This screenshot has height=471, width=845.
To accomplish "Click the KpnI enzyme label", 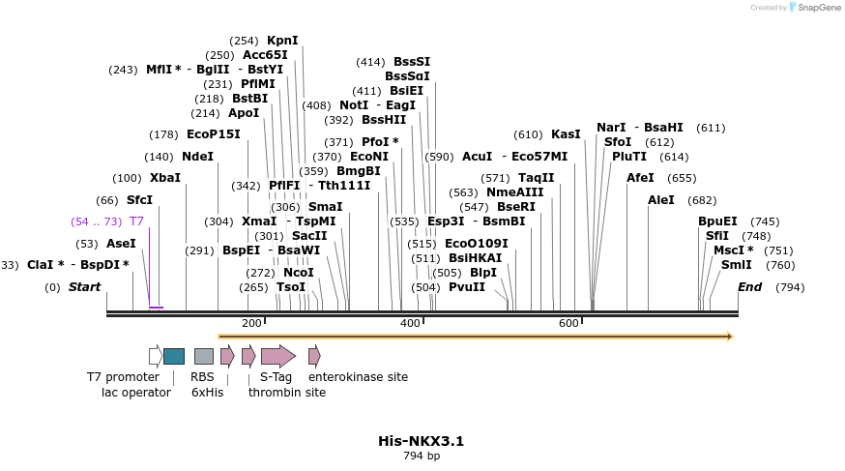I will tap(282, 41).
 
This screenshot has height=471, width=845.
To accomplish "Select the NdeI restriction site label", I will tap(197, 157).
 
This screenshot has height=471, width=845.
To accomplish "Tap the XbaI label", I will tap(165, 178).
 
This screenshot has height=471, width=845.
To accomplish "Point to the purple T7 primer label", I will tap(136, 221).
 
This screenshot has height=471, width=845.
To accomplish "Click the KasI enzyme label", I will tap(566, 134).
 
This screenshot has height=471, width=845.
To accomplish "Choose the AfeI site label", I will tap(640, 178).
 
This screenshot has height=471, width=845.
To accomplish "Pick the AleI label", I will tap(661, 200).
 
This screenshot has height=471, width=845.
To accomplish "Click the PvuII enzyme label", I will tap(467, 287).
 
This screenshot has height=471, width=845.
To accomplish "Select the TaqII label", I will tap(536, 178).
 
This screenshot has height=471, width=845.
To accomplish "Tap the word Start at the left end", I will tap(84, 287).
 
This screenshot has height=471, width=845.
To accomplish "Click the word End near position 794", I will tap(749, 287).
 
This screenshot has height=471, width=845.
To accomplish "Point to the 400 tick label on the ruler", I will tap(410, 323).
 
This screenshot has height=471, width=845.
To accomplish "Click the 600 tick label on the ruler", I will tap(568, 323).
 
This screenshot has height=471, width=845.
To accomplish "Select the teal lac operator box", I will tap(174, 356).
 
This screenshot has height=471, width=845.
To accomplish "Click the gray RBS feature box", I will tap(203, 356).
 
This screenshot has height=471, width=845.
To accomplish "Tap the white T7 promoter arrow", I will tap(155, 356).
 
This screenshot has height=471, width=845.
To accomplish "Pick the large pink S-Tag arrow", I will tap(277, 356).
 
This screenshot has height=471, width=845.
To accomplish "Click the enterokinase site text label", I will tap(358, 377).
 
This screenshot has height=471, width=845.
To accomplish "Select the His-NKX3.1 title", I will tap(422, 441).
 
